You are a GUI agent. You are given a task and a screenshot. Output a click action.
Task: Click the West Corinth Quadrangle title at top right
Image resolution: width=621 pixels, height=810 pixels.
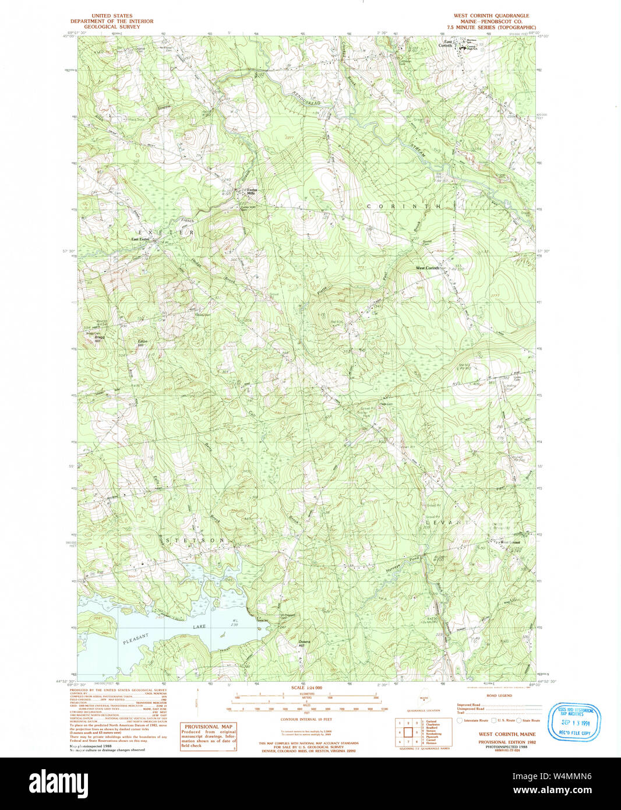(x=491, y=16)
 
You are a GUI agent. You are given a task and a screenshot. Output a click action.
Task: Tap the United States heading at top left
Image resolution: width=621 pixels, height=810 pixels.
(x=111, y=16)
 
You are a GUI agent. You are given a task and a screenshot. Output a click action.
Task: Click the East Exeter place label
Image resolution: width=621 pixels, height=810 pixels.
(x=140, y=239)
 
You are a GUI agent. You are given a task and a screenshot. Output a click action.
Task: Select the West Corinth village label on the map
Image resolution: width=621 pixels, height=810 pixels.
(x=427, y=268)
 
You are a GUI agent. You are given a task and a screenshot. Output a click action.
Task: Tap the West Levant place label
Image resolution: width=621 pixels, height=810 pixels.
(x=510, y=542)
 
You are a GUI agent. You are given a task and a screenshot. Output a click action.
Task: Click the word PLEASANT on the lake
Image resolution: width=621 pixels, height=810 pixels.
(x=136, y=639)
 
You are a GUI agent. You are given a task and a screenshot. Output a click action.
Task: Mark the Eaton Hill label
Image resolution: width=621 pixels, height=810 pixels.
(x=142, y=343)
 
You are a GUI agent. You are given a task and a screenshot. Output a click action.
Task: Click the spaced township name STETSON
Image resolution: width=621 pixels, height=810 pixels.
(x=195, y=541)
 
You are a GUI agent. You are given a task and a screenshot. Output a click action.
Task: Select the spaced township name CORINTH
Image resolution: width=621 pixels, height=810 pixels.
(x=403, y=206)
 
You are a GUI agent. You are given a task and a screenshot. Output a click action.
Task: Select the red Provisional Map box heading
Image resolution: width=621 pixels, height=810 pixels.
(x=208, y=726)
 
